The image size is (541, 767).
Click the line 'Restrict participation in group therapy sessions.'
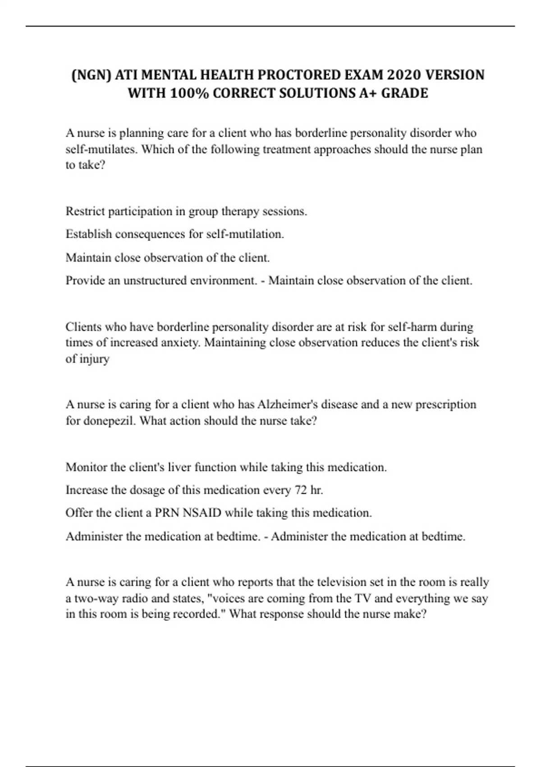point(186,211)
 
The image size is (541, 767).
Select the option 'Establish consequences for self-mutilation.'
point(175,234)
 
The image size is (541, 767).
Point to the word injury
point(94,359)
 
